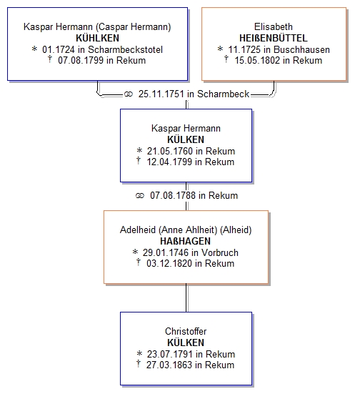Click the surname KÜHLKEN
click(97, 38)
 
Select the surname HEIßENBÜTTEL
click(274, 38)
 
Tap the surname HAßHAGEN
click(185, 241)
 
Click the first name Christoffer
click(186, 331)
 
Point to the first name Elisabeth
click(274, 26)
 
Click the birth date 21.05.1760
click(170, 151)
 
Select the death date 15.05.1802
click(257, 61)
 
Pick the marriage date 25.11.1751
click(161, 94)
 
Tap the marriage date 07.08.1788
click(173, 196)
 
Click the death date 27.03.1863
click(169, 365)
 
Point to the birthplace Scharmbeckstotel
click(125, 49)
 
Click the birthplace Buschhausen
click(301, 49)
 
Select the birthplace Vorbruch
click(220, 252)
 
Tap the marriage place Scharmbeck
click(224, 94)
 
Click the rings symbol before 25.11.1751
click(129, 94)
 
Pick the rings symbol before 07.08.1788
click(140, 196)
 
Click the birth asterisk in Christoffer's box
click(139, 353)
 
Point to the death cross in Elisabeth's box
click(226, 59)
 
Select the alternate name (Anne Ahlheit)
click(188, 230)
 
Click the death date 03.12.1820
click(169, 264)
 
